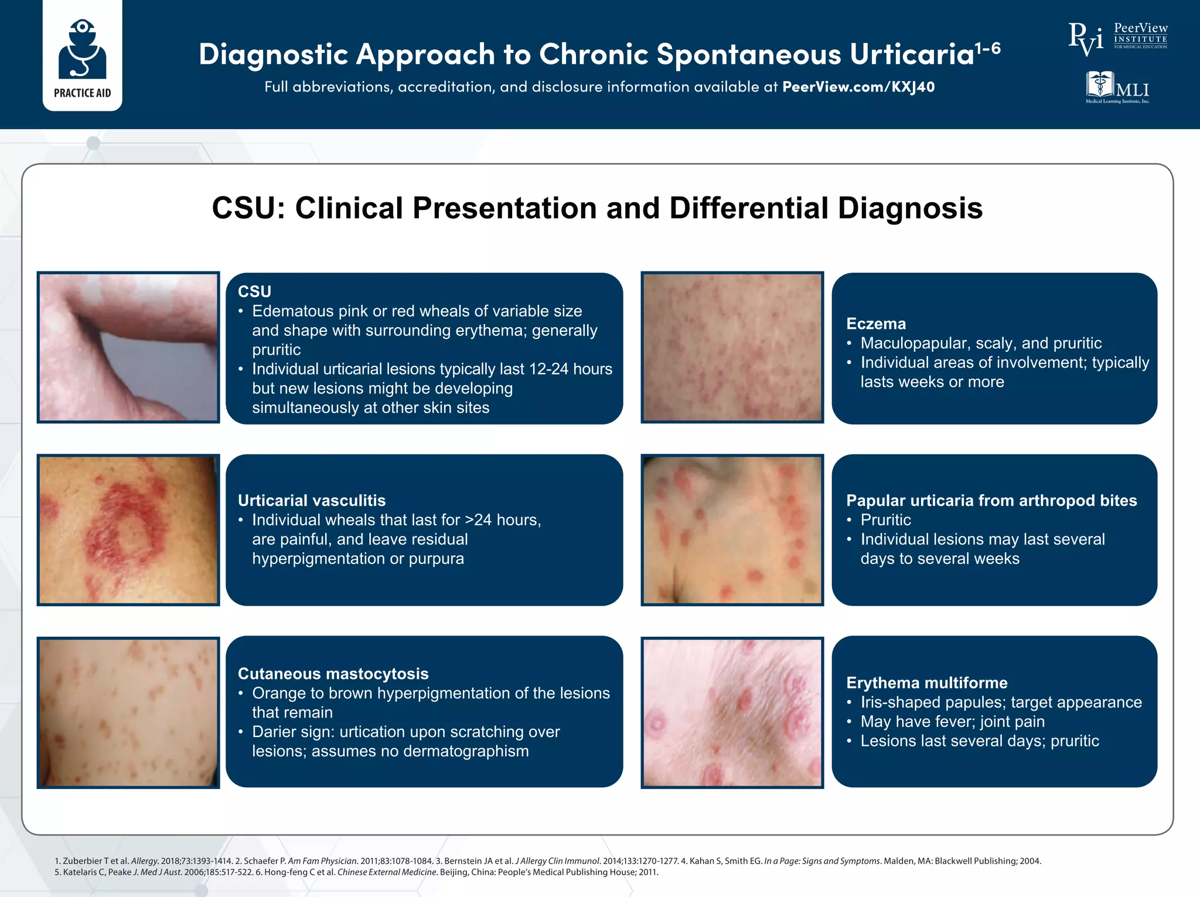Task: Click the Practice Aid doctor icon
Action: [82, 50]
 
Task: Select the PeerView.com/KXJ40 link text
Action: [858, 87]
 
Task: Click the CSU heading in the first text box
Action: [254, 291]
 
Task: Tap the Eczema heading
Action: [876, 324]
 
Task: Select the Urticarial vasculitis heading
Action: [312, 500]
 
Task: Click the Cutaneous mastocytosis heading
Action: [333, 674]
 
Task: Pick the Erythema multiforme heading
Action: [927, 682]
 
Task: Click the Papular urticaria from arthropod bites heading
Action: [991, 500]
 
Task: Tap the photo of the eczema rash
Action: [732, 347]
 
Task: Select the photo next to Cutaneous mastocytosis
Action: [128, 712]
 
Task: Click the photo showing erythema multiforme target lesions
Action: [732, 712]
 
